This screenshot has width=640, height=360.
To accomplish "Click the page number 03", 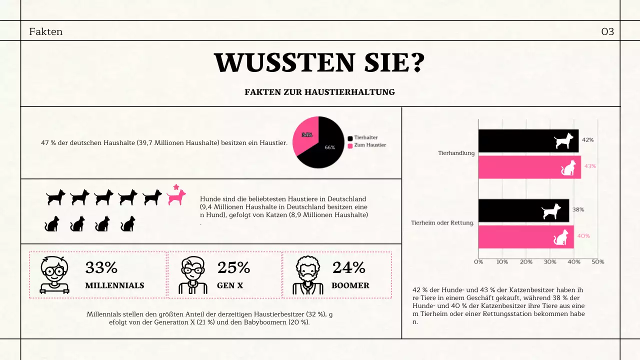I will point(607,32).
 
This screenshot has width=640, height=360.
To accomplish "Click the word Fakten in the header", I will point(46,32).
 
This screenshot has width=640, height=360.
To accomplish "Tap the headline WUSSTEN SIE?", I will point(319,63).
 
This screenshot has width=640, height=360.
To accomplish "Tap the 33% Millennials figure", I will point(101,268).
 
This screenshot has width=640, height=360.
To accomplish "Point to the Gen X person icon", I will point(192,275).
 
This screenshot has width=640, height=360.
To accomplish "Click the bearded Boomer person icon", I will point(307,275).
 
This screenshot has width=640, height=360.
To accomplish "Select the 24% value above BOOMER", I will point(349,268).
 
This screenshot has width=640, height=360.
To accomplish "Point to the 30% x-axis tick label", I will point(550,262).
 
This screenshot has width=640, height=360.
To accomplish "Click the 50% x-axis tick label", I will point(598,262).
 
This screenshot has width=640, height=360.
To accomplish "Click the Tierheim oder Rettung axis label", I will point(442,223).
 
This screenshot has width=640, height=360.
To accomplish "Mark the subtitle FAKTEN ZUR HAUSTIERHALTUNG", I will point(319,92).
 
